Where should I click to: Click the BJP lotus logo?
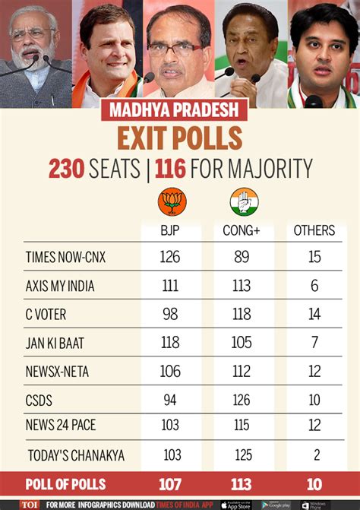(170, 202)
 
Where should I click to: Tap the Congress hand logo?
(244, 202)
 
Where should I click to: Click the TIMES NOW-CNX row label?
(65, 257)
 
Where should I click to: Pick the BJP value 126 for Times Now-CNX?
(170, 257)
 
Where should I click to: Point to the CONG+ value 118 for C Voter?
(242, 314)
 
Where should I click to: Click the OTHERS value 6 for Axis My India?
(314, 285)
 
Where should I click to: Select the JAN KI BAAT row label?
(54, 343)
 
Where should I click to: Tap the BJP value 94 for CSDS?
(170, 398)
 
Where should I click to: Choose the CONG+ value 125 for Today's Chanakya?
(242, 455)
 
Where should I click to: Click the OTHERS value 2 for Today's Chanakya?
(314, 455)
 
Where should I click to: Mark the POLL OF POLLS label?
(65, 484)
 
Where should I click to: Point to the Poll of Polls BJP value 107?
(170, 484)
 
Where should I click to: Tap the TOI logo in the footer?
(30, 504)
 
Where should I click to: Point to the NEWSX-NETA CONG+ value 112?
(242, 370)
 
